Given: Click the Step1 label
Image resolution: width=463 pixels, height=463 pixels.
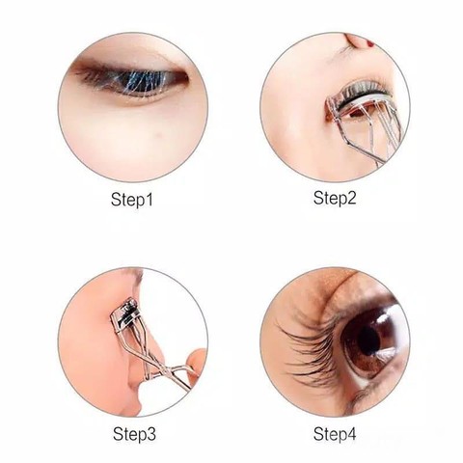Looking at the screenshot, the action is tap(132, 200).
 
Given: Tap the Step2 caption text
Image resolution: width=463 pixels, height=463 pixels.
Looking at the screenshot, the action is tap(335, 198).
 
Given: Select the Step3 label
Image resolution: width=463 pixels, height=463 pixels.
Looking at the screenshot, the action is tap(134, 434).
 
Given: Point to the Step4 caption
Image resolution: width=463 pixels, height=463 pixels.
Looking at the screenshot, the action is tap(335, 434).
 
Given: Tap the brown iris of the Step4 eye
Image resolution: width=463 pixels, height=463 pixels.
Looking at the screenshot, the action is tap(367, 341).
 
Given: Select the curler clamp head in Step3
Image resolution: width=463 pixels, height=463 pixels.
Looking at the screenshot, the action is tap(125, 314).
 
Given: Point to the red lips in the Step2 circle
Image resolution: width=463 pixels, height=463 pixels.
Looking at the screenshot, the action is tap(370, 42).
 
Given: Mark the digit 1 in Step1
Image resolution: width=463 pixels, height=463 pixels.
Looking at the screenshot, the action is tap(149, 200).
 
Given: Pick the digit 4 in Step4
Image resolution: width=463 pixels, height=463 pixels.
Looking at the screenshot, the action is tap(352, 434).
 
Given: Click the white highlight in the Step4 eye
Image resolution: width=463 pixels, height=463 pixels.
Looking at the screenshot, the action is tap(385, 318).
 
